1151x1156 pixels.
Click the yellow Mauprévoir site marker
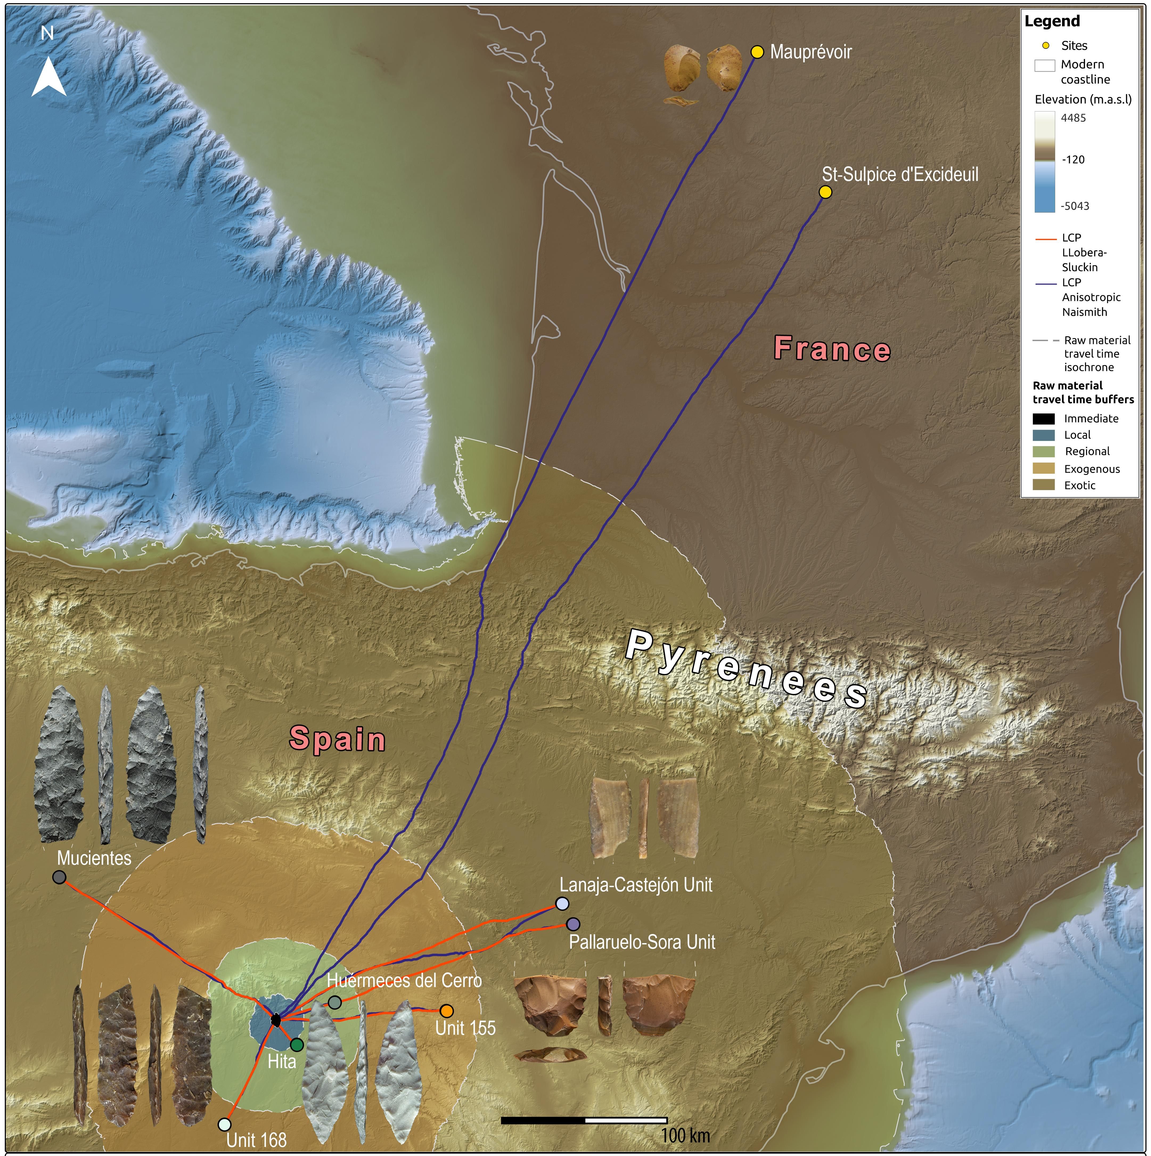point(757,52)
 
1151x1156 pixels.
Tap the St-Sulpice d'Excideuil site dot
point(825,192)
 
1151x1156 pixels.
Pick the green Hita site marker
point(297,1045)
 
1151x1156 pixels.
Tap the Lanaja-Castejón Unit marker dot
point(562,903)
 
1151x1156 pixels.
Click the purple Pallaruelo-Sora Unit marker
point(573,924)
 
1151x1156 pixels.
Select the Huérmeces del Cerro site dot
point(335,1002)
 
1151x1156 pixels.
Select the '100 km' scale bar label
point(685,1135)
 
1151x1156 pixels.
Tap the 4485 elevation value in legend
point(1073,118)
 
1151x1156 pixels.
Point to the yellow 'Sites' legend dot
point(1046,46)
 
